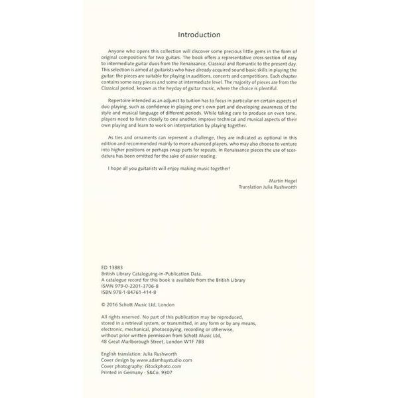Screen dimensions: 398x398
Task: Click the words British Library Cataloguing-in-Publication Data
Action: coord(152,272)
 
